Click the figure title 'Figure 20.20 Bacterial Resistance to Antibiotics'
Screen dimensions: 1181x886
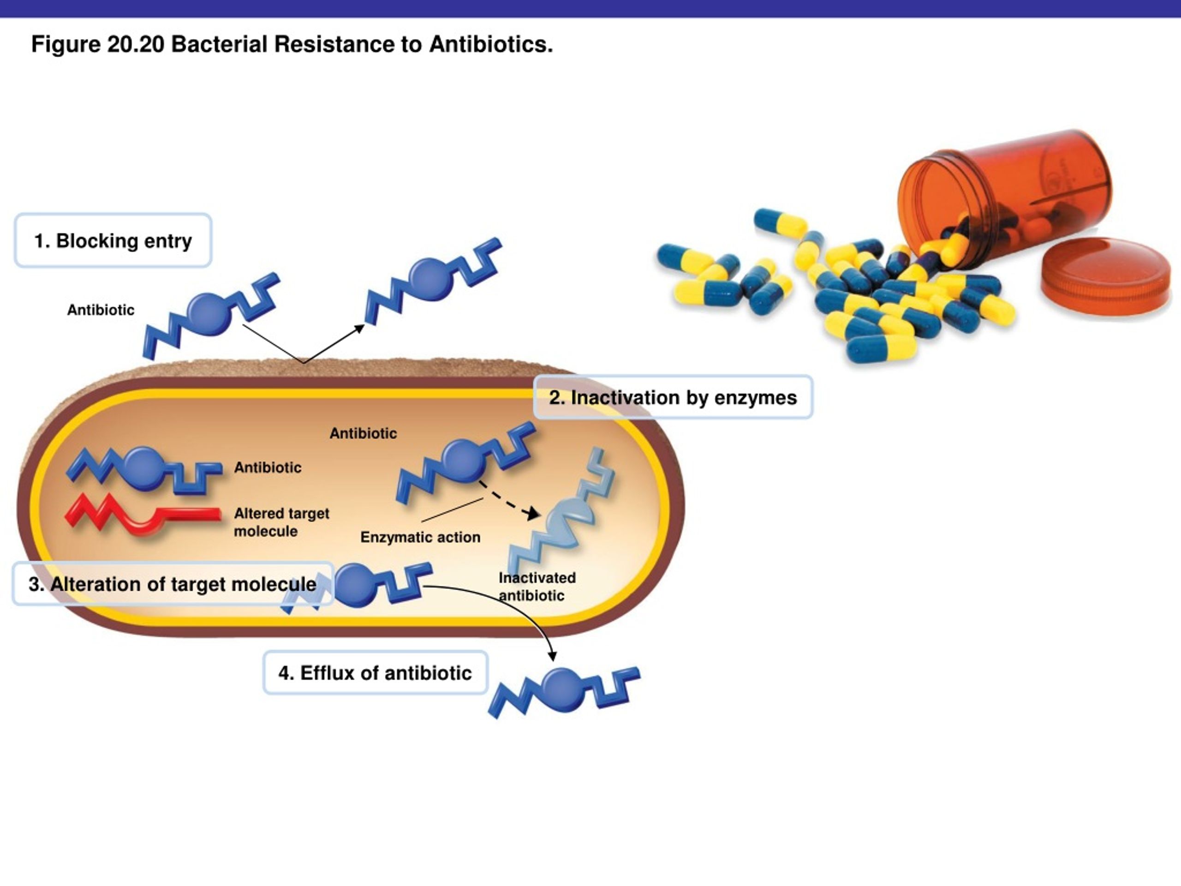click(x=292, y=44)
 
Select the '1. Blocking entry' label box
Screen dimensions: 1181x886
click(x=113, y=240)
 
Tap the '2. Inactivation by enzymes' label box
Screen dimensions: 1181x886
click(x=673, y=397)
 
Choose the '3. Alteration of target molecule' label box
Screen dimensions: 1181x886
click(x=173, y=584)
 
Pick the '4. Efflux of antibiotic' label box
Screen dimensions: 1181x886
click(x=376, y=672)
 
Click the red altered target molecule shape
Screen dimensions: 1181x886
click(x=143, y=515)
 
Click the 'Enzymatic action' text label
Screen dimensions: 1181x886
click(x=420, y=537)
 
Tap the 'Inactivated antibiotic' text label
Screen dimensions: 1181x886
click(x=537, y=587)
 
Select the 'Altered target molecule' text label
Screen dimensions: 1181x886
click(x=281, y=522)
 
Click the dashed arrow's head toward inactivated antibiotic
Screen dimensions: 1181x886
click(x=532, y=514)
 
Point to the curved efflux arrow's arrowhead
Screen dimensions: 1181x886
click(x=553, y=656)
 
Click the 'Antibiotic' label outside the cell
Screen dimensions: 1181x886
click(x=101, y=310)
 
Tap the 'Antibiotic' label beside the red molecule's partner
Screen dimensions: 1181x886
click(x=268, y=467)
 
